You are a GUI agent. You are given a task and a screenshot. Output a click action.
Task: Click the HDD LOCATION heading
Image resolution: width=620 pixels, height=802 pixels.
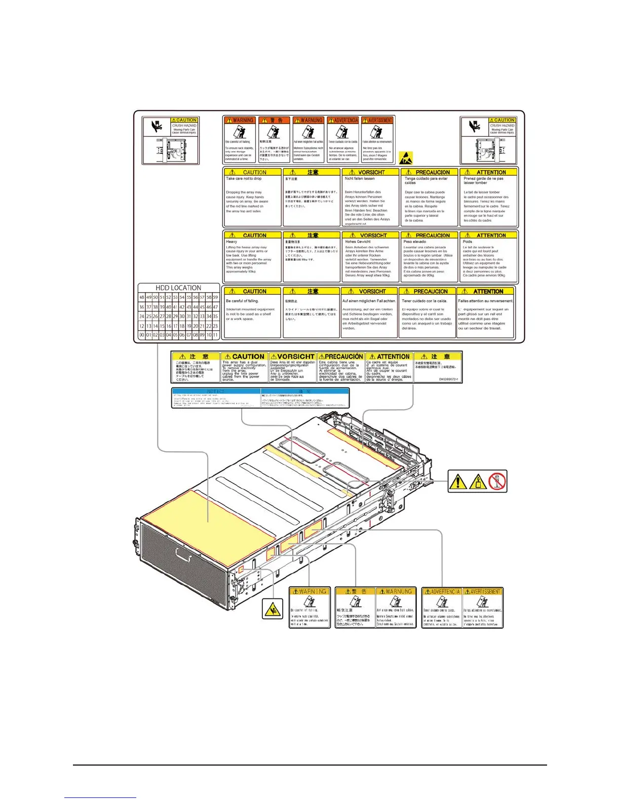[x=178, y=288]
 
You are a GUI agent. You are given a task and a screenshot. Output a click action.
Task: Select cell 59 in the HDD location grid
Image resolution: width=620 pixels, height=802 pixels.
[x=215, y=297]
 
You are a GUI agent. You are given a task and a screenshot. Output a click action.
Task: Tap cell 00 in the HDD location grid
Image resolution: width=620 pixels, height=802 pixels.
[x=142, y=335]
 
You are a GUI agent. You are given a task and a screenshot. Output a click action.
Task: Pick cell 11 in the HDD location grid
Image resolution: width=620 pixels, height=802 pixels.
[x=215, y=335]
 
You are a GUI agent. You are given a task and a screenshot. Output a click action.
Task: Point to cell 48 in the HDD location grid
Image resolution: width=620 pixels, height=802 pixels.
[x=142, y=297]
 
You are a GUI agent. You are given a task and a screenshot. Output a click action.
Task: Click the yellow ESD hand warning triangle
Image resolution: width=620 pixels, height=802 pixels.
[x=406, y=158]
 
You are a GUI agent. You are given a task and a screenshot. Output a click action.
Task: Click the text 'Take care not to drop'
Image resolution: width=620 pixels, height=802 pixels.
[x=244, y=179]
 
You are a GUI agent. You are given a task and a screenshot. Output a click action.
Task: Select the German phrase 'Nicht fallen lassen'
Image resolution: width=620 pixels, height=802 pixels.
[x=360, y=179]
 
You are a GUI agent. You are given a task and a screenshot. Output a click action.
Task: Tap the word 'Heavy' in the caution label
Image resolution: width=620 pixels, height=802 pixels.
[x=231, y=242]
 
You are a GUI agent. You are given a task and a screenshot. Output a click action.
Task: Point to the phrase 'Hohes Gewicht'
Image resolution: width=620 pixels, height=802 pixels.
[x=358, y=242]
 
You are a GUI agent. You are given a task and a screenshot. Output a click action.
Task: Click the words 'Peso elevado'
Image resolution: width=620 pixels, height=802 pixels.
[x=415, y=242]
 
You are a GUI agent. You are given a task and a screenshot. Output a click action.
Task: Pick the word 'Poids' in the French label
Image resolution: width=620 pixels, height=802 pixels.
[x=468, y=242]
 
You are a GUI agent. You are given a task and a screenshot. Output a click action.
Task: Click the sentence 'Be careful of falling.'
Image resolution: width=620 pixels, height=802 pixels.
[x=242, y=301]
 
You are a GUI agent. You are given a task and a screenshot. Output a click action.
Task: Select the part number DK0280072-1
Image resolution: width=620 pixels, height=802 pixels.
[x=448, y=379]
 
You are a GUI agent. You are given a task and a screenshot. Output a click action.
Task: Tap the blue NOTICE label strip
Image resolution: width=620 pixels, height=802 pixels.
[x=261, y=398]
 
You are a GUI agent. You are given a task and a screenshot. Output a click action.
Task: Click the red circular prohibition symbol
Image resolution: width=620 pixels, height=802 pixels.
[x=497, y=481]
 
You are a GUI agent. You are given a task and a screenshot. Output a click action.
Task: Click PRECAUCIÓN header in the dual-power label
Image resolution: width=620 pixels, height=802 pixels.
[x=341, y=356]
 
